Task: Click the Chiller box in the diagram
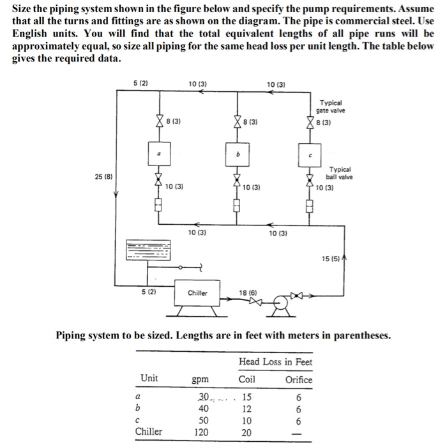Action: coord(197,293)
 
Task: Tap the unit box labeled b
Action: coord(237,155)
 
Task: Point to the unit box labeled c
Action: coord(312,156)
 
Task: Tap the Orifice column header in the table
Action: coord(298,379)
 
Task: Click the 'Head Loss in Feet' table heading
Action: coord(275,361)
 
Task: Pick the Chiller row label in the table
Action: coord(148,432)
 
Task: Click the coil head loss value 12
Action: coord(246,408)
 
